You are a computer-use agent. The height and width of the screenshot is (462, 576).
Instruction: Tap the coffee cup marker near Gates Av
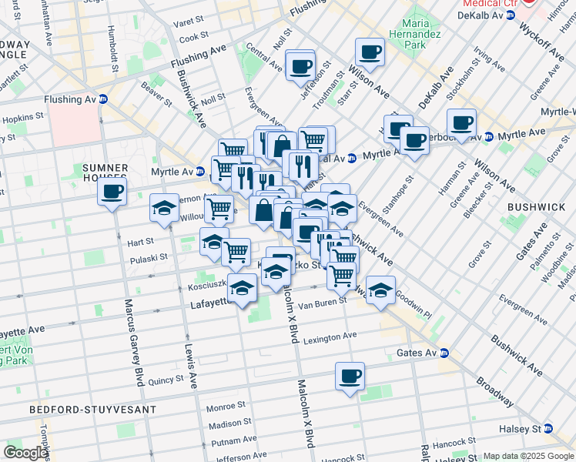pyautogui.click(x=350, y=377)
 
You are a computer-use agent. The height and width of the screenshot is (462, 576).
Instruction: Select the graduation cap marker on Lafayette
pyautogui.click(x=243, y=290)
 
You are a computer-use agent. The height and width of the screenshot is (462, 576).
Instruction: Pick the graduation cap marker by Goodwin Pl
pyautogui.click(x=380, y=291)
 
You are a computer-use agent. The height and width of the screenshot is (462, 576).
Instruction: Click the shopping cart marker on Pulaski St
pyautogui.click(x=236, y=251)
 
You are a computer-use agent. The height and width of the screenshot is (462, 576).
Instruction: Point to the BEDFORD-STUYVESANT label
pyautogui.click(x=93, y=410)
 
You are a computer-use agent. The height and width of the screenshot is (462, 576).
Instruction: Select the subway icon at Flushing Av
pyautogui.click(x=102, y=99)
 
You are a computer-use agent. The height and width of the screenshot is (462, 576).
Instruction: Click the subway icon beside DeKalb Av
pyautogui.click(x=510, y=15)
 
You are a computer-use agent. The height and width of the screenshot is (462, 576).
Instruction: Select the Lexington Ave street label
pyautogui.click(x=330, y=336)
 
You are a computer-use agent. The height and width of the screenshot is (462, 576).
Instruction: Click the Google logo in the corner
pyautogui.click(x=25, y=453)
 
